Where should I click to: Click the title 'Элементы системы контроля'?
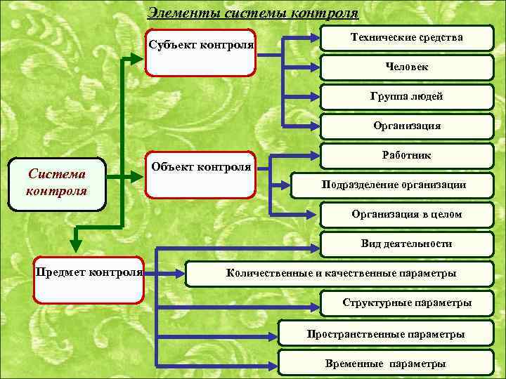(253, 13)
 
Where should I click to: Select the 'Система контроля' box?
(57, 184)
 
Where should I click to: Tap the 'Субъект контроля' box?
(200, 53)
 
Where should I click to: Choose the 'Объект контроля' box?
(200, 173)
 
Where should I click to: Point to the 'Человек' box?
(406, 67)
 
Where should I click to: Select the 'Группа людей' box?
(406, 96)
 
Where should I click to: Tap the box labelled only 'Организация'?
(406, 126)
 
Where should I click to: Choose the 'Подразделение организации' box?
(394, 185)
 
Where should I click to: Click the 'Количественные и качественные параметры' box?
(340, 273)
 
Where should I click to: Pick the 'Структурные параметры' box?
(406, 302)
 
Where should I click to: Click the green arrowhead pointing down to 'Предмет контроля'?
(76, 245)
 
